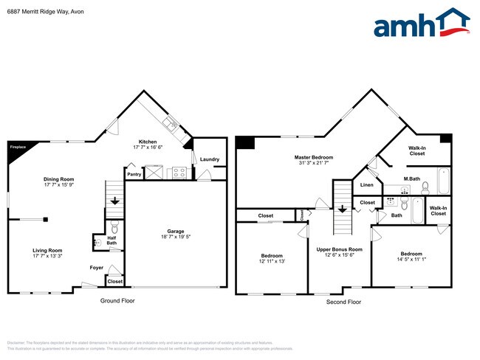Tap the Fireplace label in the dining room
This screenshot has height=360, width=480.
17,147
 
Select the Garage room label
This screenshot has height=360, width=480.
175,231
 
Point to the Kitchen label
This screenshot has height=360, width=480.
147,142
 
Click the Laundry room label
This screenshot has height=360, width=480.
209,159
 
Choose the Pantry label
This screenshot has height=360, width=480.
134,175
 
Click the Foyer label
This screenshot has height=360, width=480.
97,267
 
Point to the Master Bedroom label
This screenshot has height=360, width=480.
313,157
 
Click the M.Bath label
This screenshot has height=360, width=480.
411,179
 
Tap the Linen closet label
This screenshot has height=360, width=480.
367,184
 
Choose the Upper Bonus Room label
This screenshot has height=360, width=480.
340,249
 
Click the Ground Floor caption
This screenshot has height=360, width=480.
117,301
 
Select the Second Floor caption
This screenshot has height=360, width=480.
343,302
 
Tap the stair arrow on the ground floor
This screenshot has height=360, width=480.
114,199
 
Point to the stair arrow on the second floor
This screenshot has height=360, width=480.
342,207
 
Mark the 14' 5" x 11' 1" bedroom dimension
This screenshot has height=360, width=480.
411,260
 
